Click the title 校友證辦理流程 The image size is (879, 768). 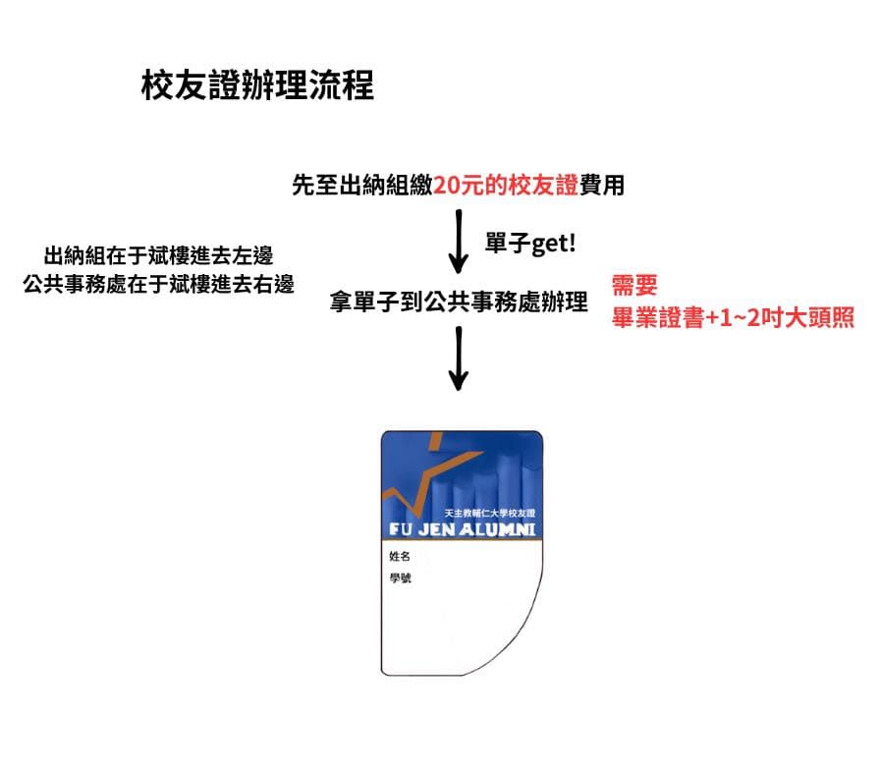[x=257, y=85]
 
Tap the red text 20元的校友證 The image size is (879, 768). [x=505, y=185]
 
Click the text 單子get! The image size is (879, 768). [x=530, y=244]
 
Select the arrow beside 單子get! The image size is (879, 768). [x=459, y=242]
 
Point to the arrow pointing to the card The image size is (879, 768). [x=459, y=358]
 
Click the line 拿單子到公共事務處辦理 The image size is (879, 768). [x=459, y=302]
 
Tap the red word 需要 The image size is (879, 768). [x=634, y=285]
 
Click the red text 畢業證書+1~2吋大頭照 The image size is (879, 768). [x=733, y=318]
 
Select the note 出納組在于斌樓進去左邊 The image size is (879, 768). [x=159, y=255]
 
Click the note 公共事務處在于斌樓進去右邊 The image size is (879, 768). [x=159, y=284]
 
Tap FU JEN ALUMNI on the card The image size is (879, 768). [x=462, y=529]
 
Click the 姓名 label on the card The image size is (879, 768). [x=400, y=556]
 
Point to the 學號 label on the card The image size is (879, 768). [x=401, y=577]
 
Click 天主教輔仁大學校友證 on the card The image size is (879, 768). [x=489, y=513]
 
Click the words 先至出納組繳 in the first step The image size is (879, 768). [x=362, y=185]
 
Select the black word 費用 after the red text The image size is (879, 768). [x=601, y=185]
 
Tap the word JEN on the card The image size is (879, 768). [x=436, y=529]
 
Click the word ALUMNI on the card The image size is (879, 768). [x=497, y=529]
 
